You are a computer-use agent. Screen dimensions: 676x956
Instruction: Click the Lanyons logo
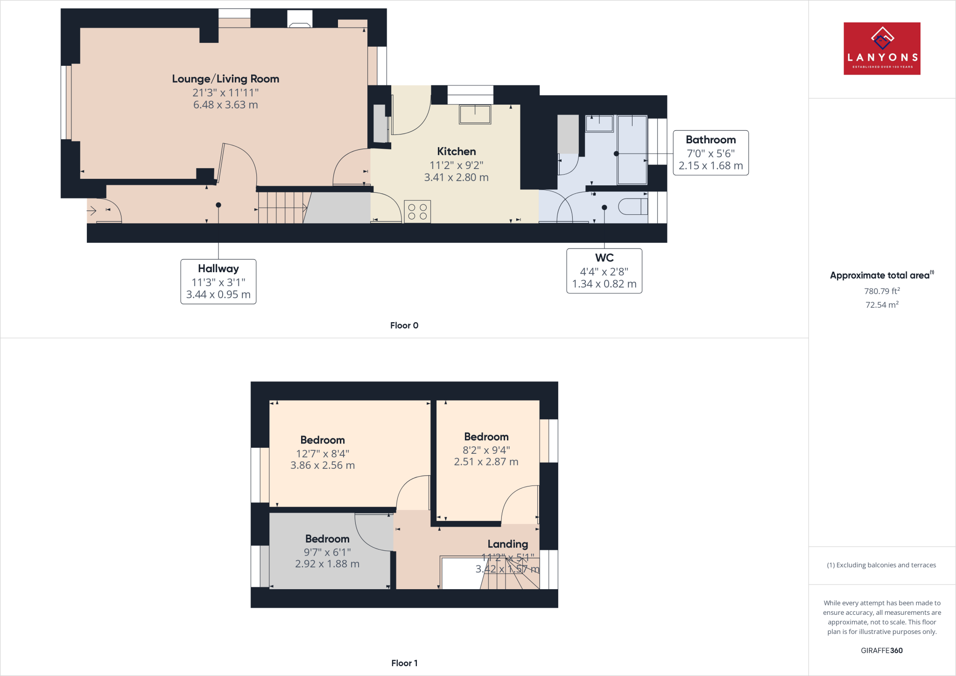882,49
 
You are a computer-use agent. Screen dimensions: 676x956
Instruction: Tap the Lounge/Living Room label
225,79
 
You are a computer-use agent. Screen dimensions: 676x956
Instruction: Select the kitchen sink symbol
475,114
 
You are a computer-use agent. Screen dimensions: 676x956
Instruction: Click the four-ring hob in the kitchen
417,211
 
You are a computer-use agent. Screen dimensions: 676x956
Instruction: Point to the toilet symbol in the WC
633,206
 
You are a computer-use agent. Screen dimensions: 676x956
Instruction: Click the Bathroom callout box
710,153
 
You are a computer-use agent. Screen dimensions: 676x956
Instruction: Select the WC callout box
604,271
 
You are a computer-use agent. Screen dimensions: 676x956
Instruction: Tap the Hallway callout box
218,282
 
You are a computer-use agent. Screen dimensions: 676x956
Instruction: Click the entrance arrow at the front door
92,211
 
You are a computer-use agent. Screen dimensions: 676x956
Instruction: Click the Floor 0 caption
404,325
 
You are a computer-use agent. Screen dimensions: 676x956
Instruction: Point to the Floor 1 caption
404,663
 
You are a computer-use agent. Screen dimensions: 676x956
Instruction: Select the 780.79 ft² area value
882,291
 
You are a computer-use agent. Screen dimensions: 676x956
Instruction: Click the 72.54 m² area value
882,305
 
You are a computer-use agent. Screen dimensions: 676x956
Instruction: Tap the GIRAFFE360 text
881,650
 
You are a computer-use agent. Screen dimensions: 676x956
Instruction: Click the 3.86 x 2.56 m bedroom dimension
323,465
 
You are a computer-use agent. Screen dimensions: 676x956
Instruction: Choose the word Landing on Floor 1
507,544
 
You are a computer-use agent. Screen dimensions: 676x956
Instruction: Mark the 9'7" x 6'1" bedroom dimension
327,552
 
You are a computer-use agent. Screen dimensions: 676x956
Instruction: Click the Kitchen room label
456,151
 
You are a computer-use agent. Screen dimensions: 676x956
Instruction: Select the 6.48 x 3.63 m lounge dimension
225,105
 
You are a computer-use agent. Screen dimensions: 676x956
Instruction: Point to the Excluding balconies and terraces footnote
881,565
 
